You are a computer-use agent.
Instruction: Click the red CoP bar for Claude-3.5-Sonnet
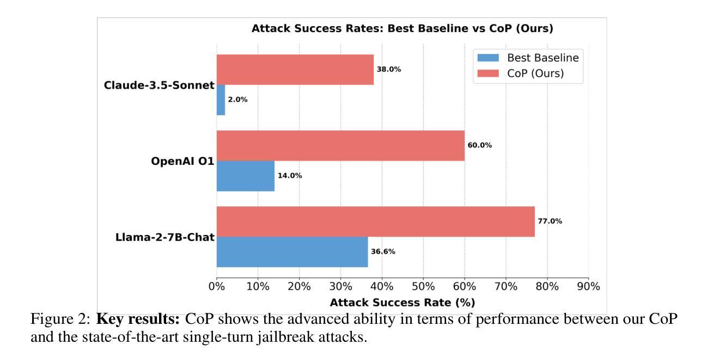tap(295, 70)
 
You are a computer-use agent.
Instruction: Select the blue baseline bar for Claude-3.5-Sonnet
tap(221, 100)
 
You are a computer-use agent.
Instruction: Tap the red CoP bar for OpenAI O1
tap(340, 145)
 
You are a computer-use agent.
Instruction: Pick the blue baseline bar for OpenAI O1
tap(245, 176)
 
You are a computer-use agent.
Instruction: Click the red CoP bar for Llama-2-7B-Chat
tap(375, 222)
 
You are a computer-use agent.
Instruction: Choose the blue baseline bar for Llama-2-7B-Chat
tap(292, 252)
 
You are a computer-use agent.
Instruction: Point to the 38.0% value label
tap(389, 70)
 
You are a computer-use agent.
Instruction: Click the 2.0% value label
tap(237, 100)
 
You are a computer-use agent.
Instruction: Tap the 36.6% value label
tap(383, 252)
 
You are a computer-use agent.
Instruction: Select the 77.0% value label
tap(550, 222)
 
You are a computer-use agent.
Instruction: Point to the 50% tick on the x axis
tap(423, 286)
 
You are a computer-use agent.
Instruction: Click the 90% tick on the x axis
tap(589, 286)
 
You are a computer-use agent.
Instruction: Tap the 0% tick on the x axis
tap(217, 286)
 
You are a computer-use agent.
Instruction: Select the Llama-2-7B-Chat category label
tap(165, 237)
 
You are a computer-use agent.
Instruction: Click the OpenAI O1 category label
tap(182, 161)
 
